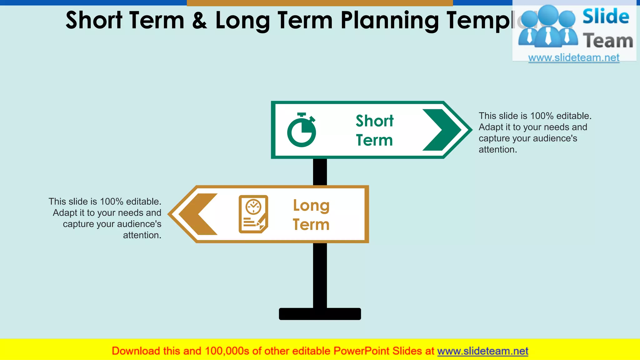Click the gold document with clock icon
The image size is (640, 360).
coord(253,214)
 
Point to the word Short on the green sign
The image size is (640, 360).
coord(375,121)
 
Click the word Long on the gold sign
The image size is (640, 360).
coord(311,206)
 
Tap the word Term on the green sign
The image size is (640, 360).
coord(374,140)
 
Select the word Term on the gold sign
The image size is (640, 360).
coord(311,225)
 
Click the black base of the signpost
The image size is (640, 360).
coord(320,314)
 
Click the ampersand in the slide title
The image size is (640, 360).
coord(200,21)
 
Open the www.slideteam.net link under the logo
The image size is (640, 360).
coord(574,58)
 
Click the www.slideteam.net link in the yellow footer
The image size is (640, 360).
coord(482,351)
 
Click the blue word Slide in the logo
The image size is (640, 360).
coord(606,17)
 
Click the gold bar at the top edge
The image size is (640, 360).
coord(320,3)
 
